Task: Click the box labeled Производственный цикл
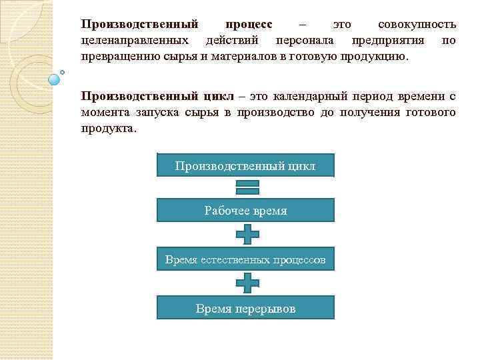pos(245,165)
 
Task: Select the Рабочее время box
pos(245,211)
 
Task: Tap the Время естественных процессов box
pos(245,260)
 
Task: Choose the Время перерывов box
pos(245,309)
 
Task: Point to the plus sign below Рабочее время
pos(247,235)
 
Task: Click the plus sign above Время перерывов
pos(247,284)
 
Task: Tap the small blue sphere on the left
pos(55,79)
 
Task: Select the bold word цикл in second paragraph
pos(215,96)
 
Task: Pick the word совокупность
pos(417,25)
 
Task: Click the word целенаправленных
pos(133,41)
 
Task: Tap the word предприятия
pos(388,41)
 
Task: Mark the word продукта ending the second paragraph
pos(107,128)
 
